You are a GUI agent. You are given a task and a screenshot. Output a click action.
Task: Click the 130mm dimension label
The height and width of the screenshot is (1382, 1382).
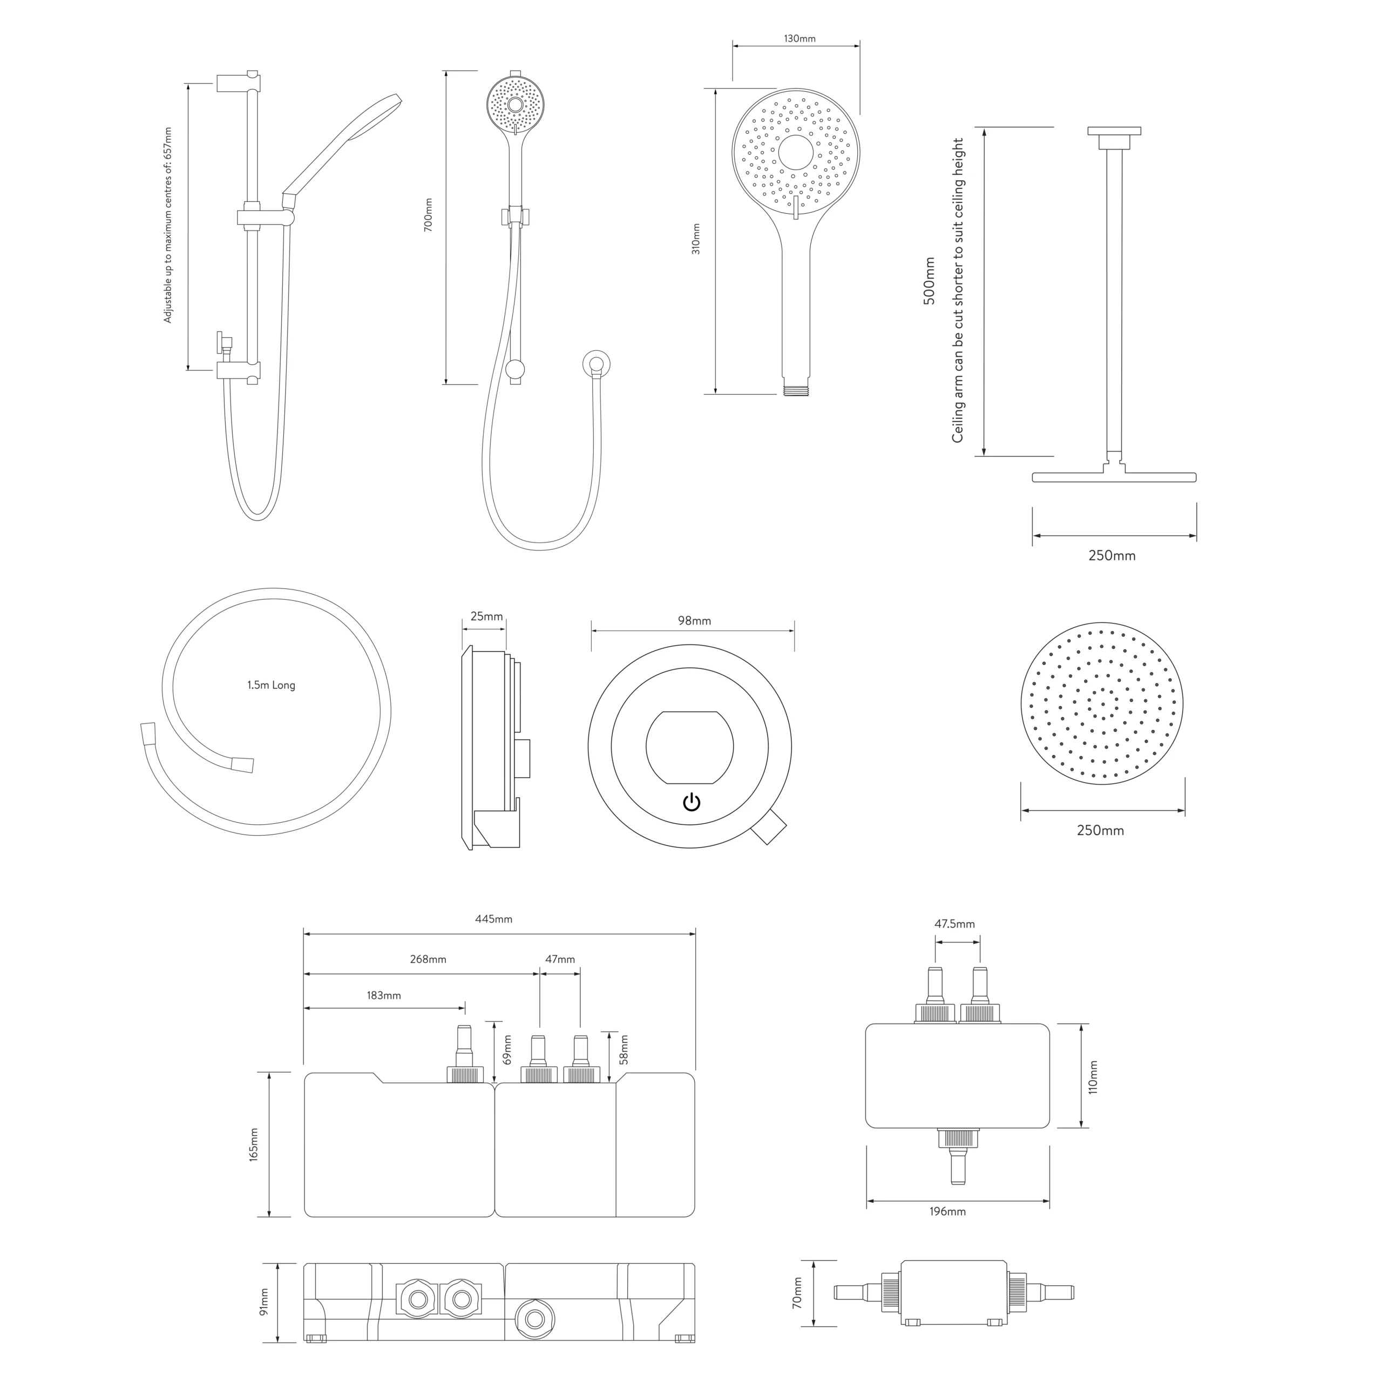(x=800, y=39)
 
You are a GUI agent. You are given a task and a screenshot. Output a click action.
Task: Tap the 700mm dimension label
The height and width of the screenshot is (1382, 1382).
(x=429, y=214)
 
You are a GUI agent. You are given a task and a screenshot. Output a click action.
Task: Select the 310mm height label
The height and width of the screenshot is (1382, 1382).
(x=696, y=239)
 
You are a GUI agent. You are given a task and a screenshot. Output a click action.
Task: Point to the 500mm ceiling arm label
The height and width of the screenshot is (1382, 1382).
(x=929, y=281)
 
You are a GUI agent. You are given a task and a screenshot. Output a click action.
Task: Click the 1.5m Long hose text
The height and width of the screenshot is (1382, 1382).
(x=271, y=685)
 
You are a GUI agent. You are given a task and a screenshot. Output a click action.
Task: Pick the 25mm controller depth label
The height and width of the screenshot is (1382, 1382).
(x=486, y=617)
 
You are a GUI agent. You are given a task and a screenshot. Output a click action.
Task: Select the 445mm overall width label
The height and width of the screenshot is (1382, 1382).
(x=493, y=919)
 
